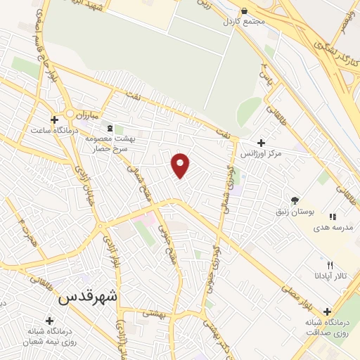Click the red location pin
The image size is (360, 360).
181,165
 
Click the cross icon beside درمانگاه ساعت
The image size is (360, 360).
54,120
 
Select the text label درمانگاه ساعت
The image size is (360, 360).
49,131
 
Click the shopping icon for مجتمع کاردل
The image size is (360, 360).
244,12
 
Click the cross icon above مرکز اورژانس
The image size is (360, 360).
261,143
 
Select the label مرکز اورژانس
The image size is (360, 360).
261,153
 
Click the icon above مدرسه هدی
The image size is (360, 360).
333,217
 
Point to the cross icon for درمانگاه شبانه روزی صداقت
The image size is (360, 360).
327,311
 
